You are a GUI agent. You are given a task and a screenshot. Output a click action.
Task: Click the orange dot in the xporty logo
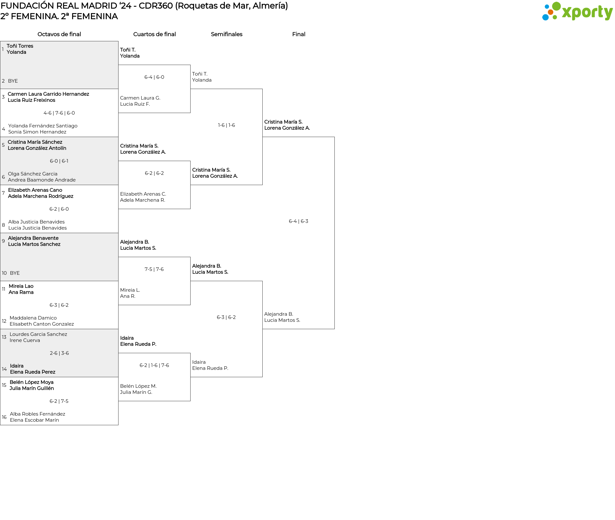tap(551, 12)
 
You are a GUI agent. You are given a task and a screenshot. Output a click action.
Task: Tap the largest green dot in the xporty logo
tap(556, 6)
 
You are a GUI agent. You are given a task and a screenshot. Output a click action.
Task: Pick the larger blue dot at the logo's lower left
tap(545, 17)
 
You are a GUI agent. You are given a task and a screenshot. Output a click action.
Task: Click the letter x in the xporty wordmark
tap(567, 13)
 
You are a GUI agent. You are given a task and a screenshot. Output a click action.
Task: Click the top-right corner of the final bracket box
tap(334, 137)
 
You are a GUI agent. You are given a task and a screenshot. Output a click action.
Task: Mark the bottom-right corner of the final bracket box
tap(334, 329)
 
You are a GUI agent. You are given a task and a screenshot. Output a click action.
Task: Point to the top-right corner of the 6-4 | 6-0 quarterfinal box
tap(190, 65)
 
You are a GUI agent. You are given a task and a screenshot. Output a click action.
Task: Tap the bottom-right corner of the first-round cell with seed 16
tap(118, 425)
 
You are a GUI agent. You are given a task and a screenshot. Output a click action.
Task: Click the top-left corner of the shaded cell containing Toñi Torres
tap(0, 41)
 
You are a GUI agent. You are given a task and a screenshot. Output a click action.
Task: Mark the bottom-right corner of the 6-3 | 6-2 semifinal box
tap(262, 377)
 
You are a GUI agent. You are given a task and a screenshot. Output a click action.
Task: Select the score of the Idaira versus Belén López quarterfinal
tap(154, 365)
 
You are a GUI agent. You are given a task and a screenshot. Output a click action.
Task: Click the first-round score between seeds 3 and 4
tap(59, 113)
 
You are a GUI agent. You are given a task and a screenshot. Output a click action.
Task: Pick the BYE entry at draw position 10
tap(15, 273)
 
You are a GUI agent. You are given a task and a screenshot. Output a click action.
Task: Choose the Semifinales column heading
tap(226, 34)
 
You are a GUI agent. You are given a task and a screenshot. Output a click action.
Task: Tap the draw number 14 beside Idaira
tap(4, 369)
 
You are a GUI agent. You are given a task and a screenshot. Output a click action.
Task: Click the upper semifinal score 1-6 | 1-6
tap(226, 125)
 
